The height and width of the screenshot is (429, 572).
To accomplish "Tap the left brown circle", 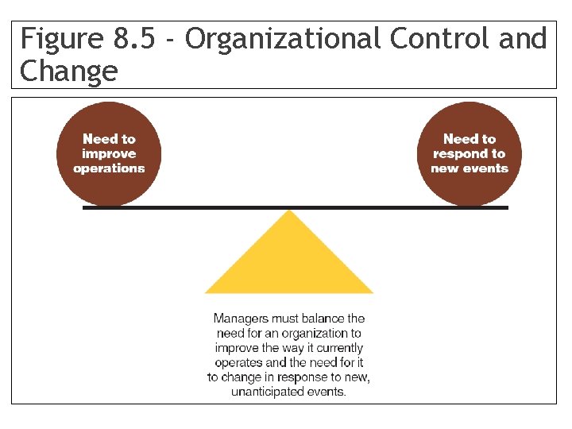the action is tap(109, 154).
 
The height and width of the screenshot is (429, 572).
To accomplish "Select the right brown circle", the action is tap(470, 154).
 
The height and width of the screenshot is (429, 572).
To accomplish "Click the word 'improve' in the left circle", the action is tap(109, 153).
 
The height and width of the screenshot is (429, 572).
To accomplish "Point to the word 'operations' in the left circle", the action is tap(109, 168).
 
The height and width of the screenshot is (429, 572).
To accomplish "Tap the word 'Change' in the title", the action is tap(68, 71).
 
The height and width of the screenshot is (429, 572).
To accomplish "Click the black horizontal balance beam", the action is tap(199, 207).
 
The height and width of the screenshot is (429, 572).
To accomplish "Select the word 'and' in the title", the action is tap(524, 39).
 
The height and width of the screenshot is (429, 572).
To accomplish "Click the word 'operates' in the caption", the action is tap(239, 362).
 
